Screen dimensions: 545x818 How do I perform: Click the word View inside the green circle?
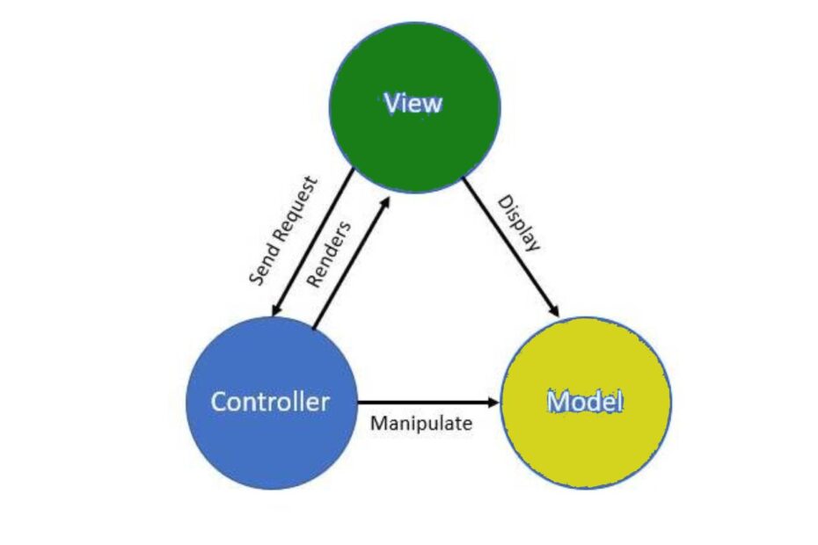click(413, 104)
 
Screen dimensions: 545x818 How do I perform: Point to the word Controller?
click(270, 402)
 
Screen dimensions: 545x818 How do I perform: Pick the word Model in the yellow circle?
click(586, 402)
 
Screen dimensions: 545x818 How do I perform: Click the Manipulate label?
click(421, 424)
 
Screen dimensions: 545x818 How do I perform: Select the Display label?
click(519, 223)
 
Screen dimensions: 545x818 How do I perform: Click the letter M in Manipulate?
click(377, 424)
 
